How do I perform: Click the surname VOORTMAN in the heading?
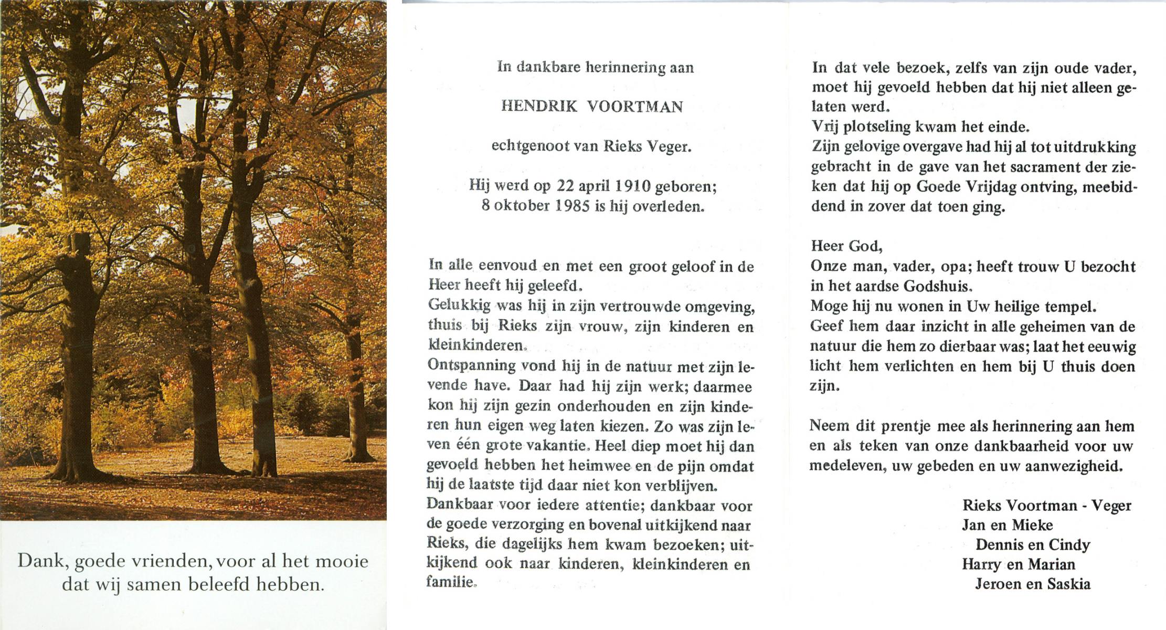pos(634,107)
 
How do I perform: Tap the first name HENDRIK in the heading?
pos(539,107)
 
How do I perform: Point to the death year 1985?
pos(573,206)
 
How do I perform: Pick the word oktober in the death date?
pos(522,206)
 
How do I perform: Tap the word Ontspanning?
pos(464,366)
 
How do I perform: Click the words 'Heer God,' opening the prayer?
pos(846,246)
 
